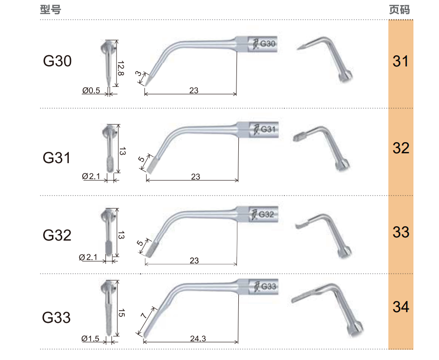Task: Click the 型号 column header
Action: tap(50, 9)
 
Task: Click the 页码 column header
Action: tap(400, 9)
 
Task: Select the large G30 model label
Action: tap(58, 61)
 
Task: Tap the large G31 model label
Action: tap(57, 157)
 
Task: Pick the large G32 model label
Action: tap(57, 235)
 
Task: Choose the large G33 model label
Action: tap(56, 317)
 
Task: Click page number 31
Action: tap(400, 61)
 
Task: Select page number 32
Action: tap(401, 148)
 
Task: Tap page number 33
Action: tap(401, 232)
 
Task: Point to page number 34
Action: tap(401, 307)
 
